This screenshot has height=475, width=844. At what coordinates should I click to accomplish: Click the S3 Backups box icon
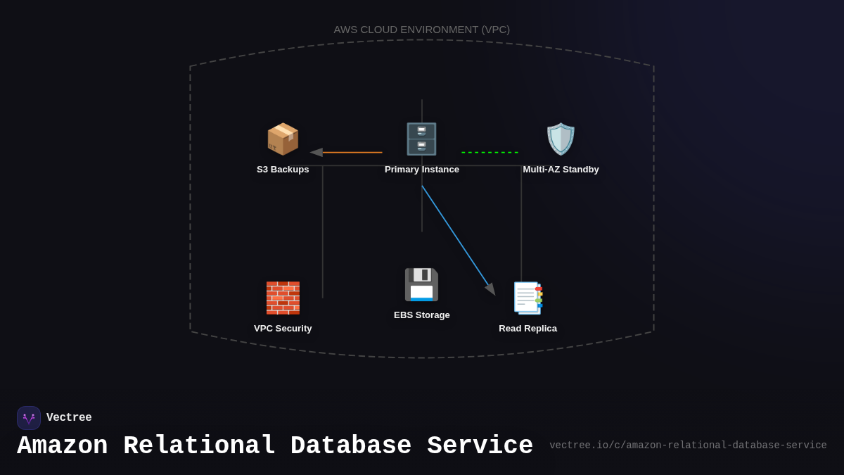coord(283,139)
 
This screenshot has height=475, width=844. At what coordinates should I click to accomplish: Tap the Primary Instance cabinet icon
coord(421,139)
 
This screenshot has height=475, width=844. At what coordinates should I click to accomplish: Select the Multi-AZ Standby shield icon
coord(561,139)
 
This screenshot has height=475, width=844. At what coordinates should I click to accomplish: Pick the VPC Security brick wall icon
coord(283,298)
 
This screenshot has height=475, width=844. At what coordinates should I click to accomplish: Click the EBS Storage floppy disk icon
coord(421,284)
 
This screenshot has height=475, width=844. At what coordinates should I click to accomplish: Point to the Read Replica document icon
coord(528,298)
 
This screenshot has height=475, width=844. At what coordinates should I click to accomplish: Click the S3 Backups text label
coord(283,170)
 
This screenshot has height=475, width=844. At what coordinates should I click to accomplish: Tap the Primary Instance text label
coord(422,170)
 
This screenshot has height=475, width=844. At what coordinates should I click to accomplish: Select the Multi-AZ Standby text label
coord(561,170)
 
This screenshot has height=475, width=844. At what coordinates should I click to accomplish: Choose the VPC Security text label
coord(283,329)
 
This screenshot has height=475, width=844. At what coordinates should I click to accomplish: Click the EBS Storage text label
coord(422,315)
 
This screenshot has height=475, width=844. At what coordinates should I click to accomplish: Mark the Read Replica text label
coord(527,329)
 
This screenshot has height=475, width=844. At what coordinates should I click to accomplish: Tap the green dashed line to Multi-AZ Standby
coord(490,152)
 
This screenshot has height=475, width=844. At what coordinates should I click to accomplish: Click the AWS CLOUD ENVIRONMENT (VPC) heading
coord(422,30)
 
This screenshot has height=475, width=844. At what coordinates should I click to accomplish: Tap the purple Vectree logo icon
coord(29,418)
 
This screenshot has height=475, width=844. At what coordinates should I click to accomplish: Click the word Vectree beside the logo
coord(69,418)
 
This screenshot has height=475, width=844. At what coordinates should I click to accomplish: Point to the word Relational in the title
coord(199,446)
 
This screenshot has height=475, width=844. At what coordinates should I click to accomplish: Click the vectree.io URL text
coord(688,445)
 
